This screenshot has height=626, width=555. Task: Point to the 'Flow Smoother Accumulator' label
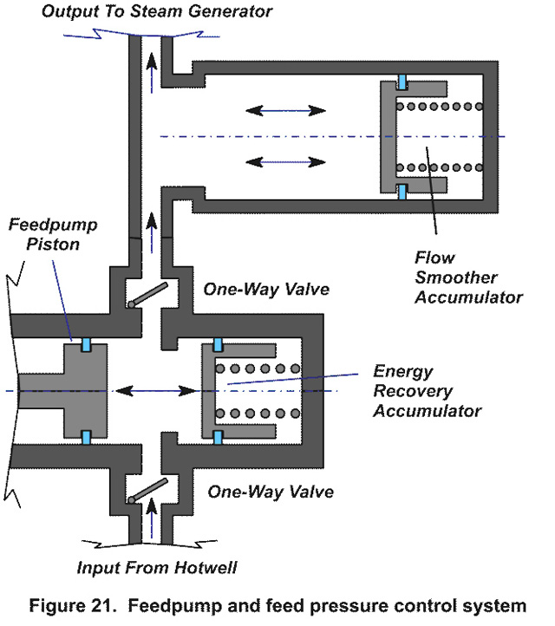(x=469, y=277)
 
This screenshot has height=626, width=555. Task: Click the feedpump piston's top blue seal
(x=87, y=345)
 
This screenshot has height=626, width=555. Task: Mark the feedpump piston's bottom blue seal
(x=87, y=438)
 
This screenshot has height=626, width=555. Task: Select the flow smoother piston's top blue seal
(x=402, y=84)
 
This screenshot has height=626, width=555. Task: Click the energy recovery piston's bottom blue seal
(x=217, y=437)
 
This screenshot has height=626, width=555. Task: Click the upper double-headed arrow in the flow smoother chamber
(x=285, y=111)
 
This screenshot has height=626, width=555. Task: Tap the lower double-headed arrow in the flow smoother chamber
(x=285, y=161)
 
